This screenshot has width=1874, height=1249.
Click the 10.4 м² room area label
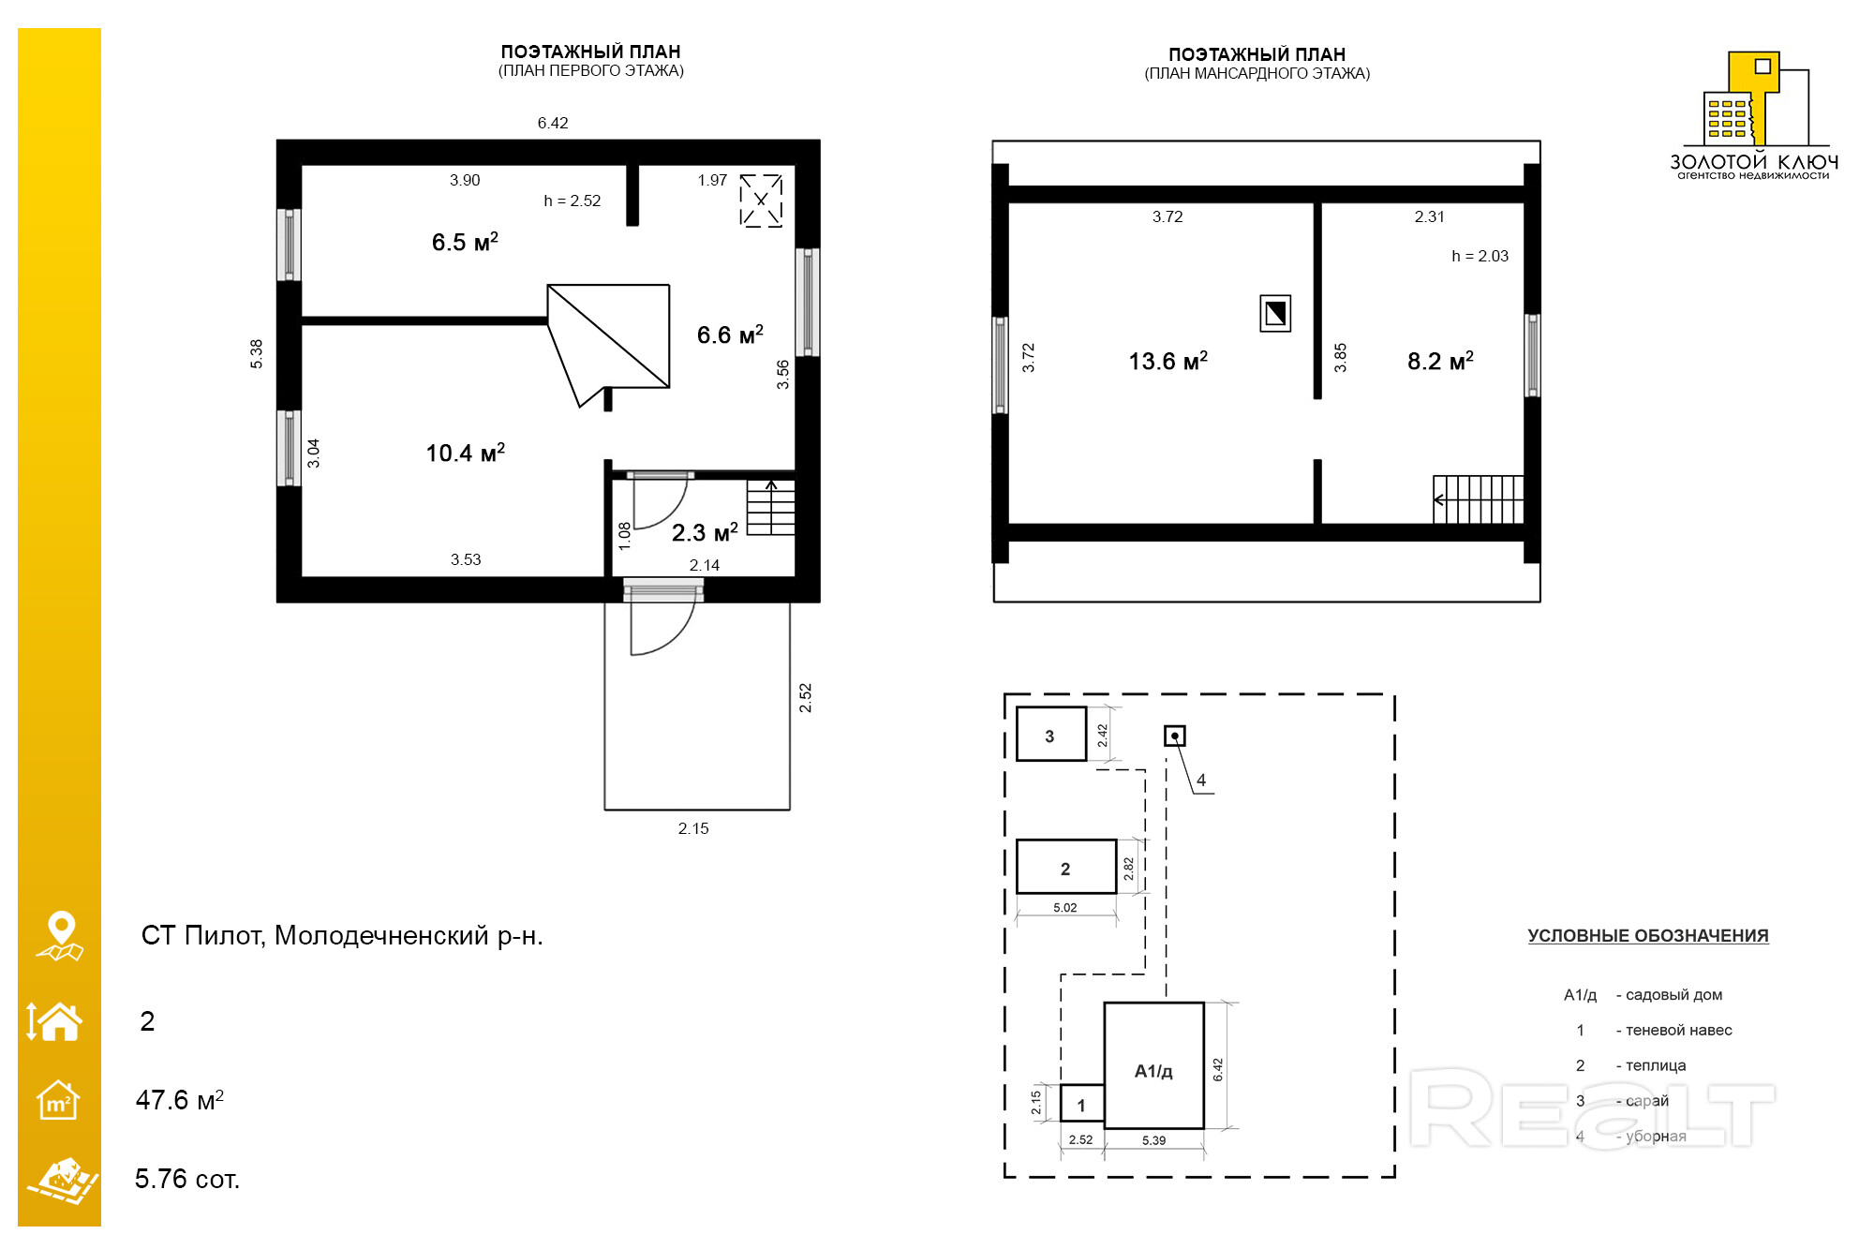tap(466, 453)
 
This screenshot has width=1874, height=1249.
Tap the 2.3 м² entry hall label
tap(705, 532)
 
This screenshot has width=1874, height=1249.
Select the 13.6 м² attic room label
tap(1168, 361)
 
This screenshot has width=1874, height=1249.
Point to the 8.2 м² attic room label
tap(1440, 361)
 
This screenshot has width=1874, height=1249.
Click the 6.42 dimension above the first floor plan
tap(553, 123)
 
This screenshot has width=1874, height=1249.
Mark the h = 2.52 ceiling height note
tap(573, 201)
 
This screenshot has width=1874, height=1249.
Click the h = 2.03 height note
tap(1480, 256)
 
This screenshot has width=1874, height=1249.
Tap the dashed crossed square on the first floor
tap(761, 200)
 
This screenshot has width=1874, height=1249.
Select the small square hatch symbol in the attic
tap(1275, 313)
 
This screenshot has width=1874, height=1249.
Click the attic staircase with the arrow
tap(1479, 499)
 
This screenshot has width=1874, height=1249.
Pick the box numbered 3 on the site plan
tap(1051, 734)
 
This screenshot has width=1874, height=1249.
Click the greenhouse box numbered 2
tap(1066, 867)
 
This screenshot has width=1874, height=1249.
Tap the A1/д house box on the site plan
tap(1154, 1066)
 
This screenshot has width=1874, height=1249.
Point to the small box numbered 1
tap(1082, 1104)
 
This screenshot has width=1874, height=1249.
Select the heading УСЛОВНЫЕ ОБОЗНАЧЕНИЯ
tap(1648, 935)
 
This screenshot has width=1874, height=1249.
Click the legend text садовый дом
tap(1673, 995)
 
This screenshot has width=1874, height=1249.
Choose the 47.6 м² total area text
tap(180, 1099)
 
